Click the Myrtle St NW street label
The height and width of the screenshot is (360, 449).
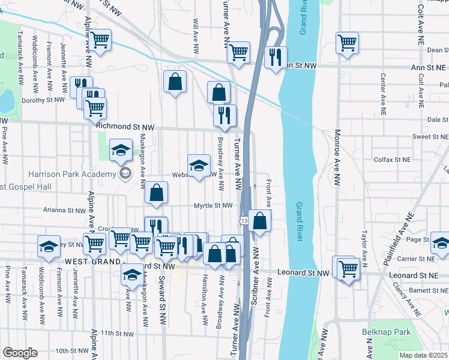tap(212, 206)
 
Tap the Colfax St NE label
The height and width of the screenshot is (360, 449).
tap(393, 160)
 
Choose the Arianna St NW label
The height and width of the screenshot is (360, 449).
tap(65, 211)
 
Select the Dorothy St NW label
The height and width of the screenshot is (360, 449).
tap(43, 100)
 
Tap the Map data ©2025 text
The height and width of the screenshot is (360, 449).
tap(423, 355)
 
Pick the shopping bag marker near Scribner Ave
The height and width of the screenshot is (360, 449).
tap(260, 221)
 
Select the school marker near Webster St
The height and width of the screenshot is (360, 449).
tap(199, 166)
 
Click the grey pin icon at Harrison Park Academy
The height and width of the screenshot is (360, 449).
tap(125, 174)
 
